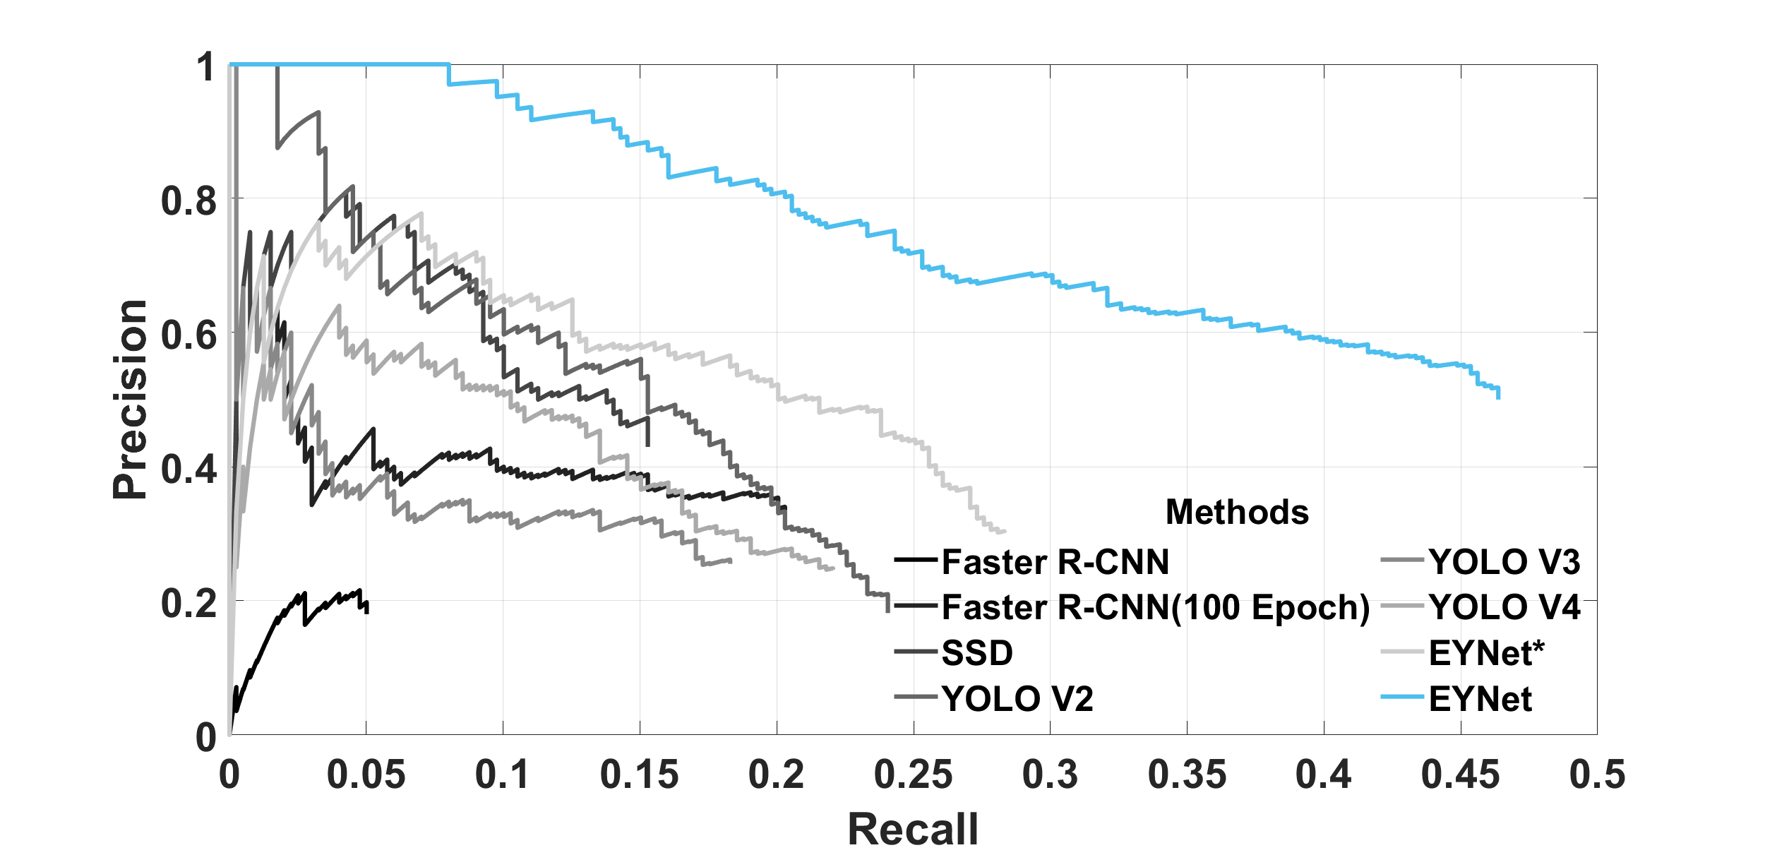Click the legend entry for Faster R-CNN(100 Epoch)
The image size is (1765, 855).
(x=1156, y=607)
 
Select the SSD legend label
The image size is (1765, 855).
(x=977, y=653)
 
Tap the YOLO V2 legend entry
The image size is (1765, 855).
(x=1017, y=699)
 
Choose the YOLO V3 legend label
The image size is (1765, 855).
(x=1504, y=562)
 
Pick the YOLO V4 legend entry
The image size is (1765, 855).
(x=1504, y=607)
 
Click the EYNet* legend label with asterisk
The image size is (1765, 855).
(x=1487, y=653)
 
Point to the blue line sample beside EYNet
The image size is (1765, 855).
(x=1402, y=698)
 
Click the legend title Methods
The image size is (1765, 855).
(x=1237, y=512)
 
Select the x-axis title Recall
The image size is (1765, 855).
(x=913, y=829)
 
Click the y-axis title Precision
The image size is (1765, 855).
(x=131, y=400)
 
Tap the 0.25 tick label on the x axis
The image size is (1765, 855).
(x=913, y=775)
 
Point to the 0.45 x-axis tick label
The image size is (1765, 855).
(x=1460, y=775)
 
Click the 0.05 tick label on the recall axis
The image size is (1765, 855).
(x=366, y=775)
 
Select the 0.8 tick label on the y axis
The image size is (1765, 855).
(x=189, y=201)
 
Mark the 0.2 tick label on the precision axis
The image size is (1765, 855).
(x=189, y=603)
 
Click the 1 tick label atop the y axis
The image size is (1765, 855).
(x=205, y=67)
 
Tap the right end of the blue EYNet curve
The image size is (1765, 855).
(x=1498, y=398)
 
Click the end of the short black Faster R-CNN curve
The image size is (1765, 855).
(x=367, y=611)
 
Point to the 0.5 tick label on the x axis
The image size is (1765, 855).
(x=1597, y=775)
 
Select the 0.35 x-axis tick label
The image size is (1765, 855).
(x=1187, y=775)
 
